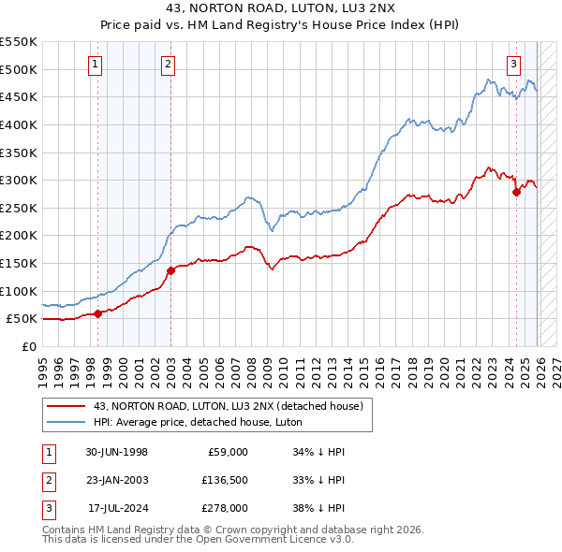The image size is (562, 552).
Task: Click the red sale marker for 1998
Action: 97,313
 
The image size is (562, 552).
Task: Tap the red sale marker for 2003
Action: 170,270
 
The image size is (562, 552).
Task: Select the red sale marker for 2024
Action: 516,192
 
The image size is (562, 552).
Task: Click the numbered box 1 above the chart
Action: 96,65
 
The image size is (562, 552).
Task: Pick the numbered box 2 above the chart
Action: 168,65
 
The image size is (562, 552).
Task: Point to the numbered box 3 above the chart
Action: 514,65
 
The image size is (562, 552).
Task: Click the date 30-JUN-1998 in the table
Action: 117,452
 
